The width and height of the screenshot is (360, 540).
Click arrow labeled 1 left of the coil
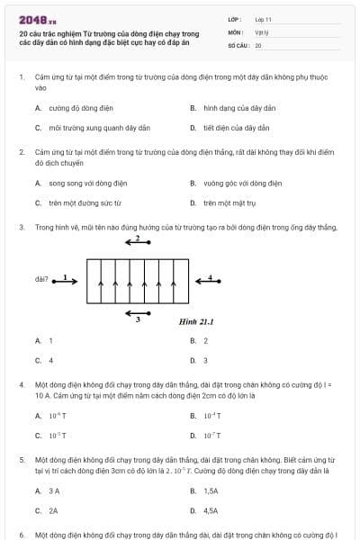point(67,280)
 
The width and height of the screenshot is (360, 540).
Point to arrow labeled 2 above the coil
point(138,243)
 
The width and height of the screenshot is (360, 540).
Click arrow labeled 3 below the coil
point(138,314)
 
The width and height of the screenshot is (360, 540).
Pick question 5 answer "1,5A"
point(211,490)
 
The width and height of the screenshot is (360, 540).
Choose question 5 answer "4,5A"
point(211,510)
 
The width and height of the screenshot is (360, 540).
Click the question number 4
point(22,384)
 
